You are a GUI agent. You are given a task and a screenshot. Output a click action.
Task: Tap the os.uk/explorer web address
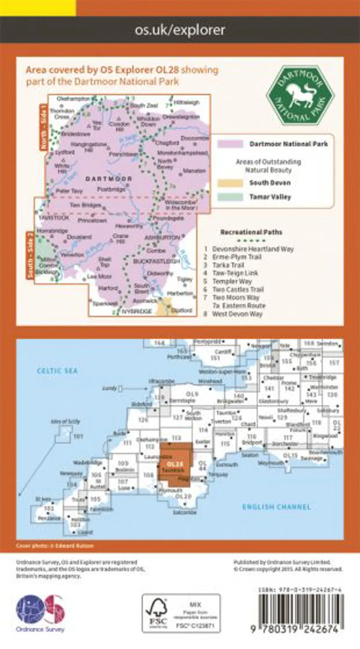(x=180, y=30)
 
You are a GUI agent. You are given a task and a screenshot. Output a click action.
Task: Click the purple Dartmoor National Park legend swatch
(x=231, y=144)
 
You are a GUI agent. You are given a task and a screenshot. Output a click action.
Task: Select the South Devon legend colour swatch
(x=231, y=183)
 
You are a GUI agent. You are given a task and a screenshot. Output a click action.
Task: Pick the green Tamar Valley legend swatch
(x=231, y=197)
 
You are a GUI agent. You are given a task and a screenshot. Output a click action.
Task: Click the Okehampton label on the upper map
(x=74, y=98)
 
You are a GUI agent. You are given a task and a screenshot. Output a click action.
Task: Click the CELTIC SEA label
(x=58, y=371)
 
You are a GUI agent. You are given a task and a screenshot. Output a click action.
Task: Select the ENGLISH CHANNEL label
(x=276, y=507)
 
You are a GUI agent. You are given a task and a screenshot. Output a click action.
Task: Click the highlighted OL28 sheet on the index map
(x=175, y=464)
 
